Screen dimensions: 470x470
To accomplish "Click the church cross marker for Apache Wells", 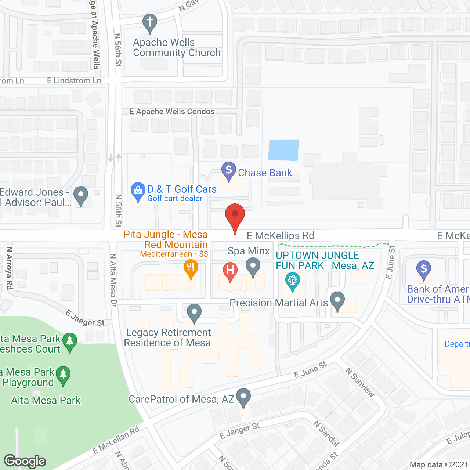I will [150, 23].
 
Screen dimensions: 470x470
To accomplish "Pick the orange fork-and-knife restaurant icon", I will [191, 268].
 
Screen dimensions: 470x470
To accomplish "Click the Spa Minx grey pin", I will [253, 267].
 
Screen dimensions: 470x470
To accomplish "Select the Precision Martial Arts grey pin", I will [337, 301].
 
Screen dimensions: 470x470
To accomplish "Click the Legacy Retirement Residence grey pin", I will [194, 313].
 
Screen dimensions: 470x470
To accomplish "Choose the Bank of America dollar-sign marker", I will [424, 270].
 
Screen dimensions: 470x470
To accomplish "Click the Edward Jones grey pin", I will [81, 195].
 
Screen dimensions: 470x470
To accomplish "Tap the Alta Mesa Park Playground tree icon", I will [63, 375].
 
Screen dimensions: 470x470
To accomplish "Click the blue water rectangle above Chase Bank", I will [283, 150].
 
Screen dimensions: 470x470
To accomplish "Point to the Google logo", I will [25, 461].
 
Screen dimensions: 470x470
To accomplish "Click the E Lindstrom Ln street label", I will [74, 81].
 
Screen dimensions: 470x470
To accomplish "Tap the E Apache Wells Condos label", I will [172, 112].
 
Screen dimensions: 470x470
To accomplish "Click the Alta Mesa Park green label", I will [46, 400].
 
